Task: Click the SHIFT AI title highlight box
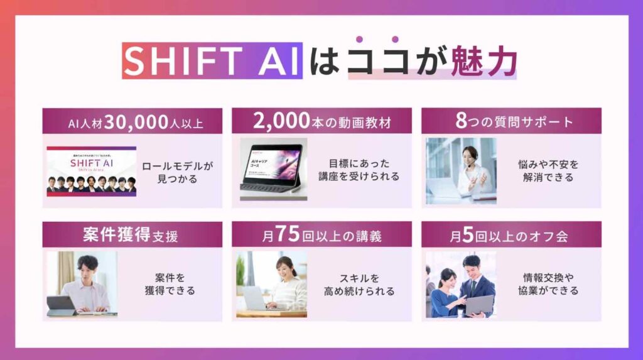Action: [212, 61]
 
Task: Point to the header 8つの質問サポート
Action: [511, 121]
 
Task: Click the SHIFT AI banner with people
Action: [92, 171]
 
